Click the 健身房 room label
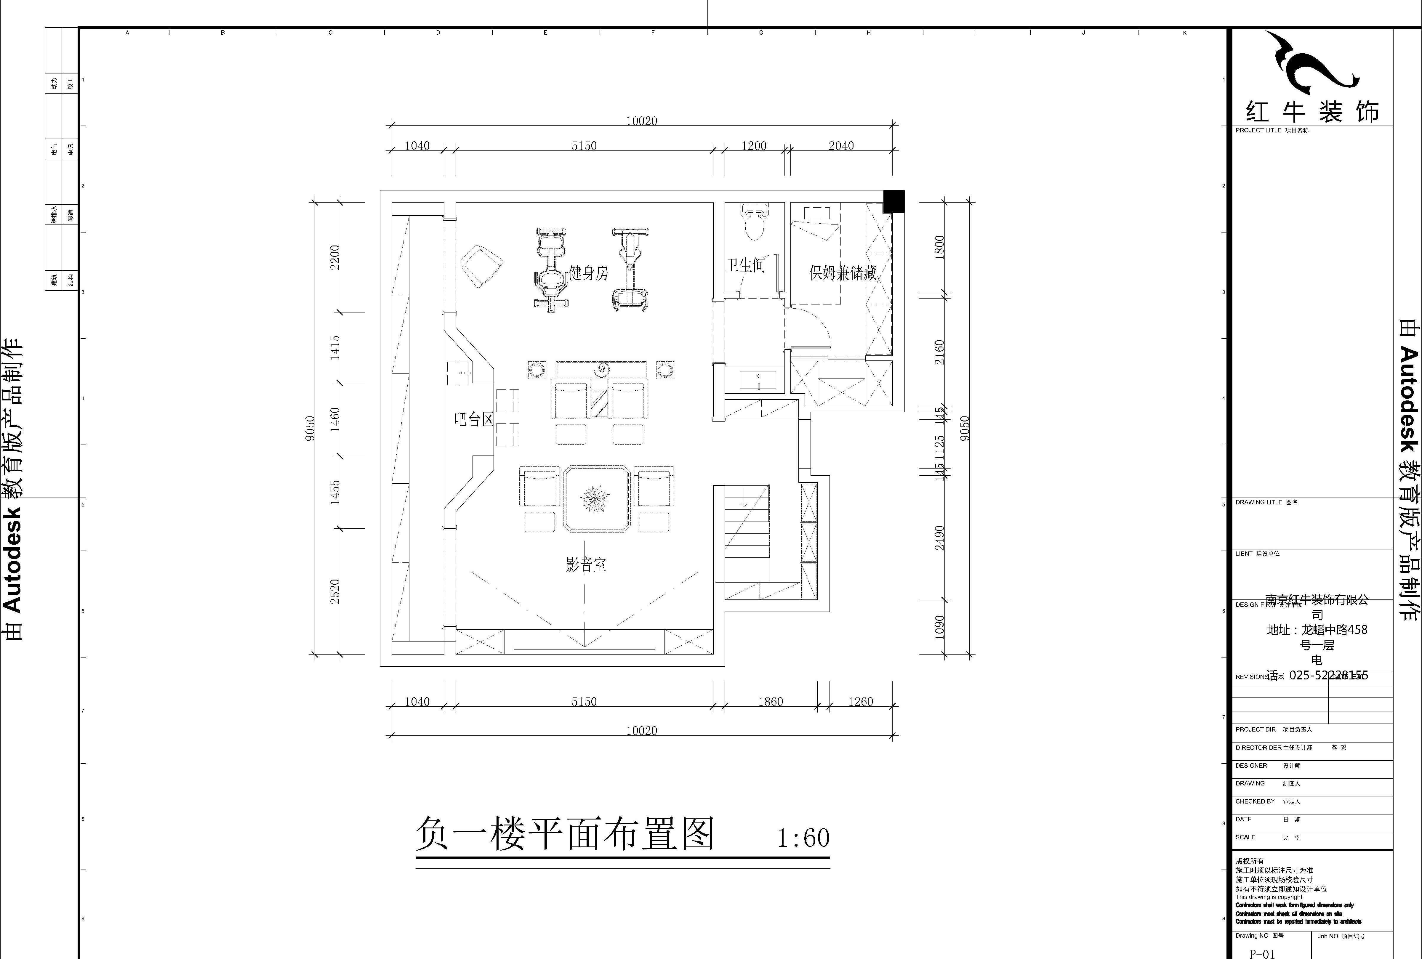coord(588,273)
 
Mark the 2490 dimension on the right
coord(939,538)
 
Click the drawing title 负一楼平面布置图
coord(565,834)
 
